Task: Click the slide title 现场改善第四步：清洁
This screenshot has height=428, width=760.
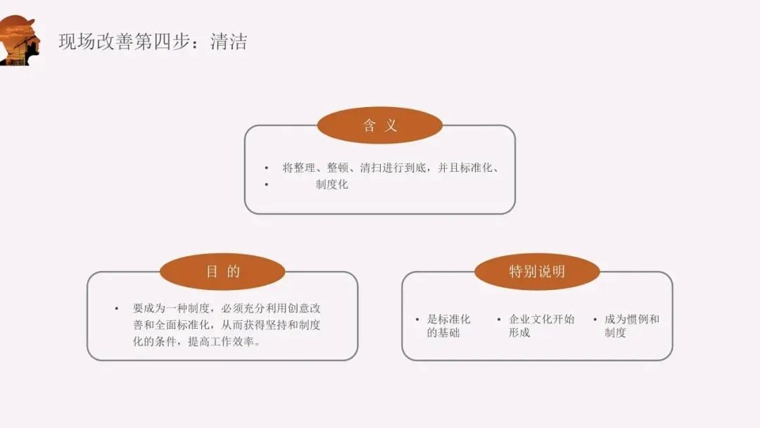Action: pyautogui.click(x=153, y=42)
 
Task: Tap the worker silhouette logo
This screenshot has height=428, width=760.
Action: pyautogui.click(x=20, y=41)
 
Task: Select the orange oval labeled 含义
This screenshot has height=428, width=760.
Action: pyautogui.click(x=380, y=126)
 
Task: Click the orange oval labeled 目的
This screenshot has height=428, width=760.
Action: pyautogui.click(x=222, y=272)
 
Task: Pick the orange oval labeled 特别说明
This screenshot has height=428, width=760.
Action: pyautogui.click(x=537, y=272)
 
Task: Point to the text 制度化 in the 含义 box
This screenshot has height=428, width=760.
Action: pyautogui.click(x=331, y=184)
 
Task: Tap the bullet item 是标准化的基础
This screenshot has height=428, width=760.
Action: pyautogui.click(x=448, y=325)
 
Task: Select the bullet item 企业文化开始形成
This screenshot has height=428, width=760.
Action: pyautogui.click(x=541, y=325)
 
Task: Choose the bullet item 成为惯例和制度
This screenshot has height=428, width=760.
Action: pyautogui.click(x=631, y=325)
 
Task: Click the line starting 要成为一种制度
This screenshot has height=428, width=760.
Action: pyautogui.click(x=227, y=308)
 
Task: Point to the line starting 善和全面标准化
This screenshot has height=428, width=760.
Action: pyautogui.click(x=227, y=325)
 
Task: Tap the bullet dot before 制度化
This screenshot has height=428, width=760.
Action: pyautogui.click(x=267, y=184)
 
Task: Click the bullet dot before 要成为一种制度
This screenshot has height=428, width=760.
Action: pyautogui.click(x=117, y=308)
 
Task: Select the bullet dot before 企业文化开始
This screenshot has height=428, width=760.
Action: pyautogui.click(x=498, y=319)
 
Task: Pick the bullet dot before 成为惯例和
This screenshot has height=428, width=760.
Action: pyautogui.click(x=595, y=319)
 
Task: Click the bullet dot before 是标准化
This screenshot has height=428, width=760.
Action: pyautogui.click(x=417, y=319)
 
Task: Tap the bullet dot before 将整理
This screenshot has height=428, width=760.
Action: pyautogui.click(x=267, y=168)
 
